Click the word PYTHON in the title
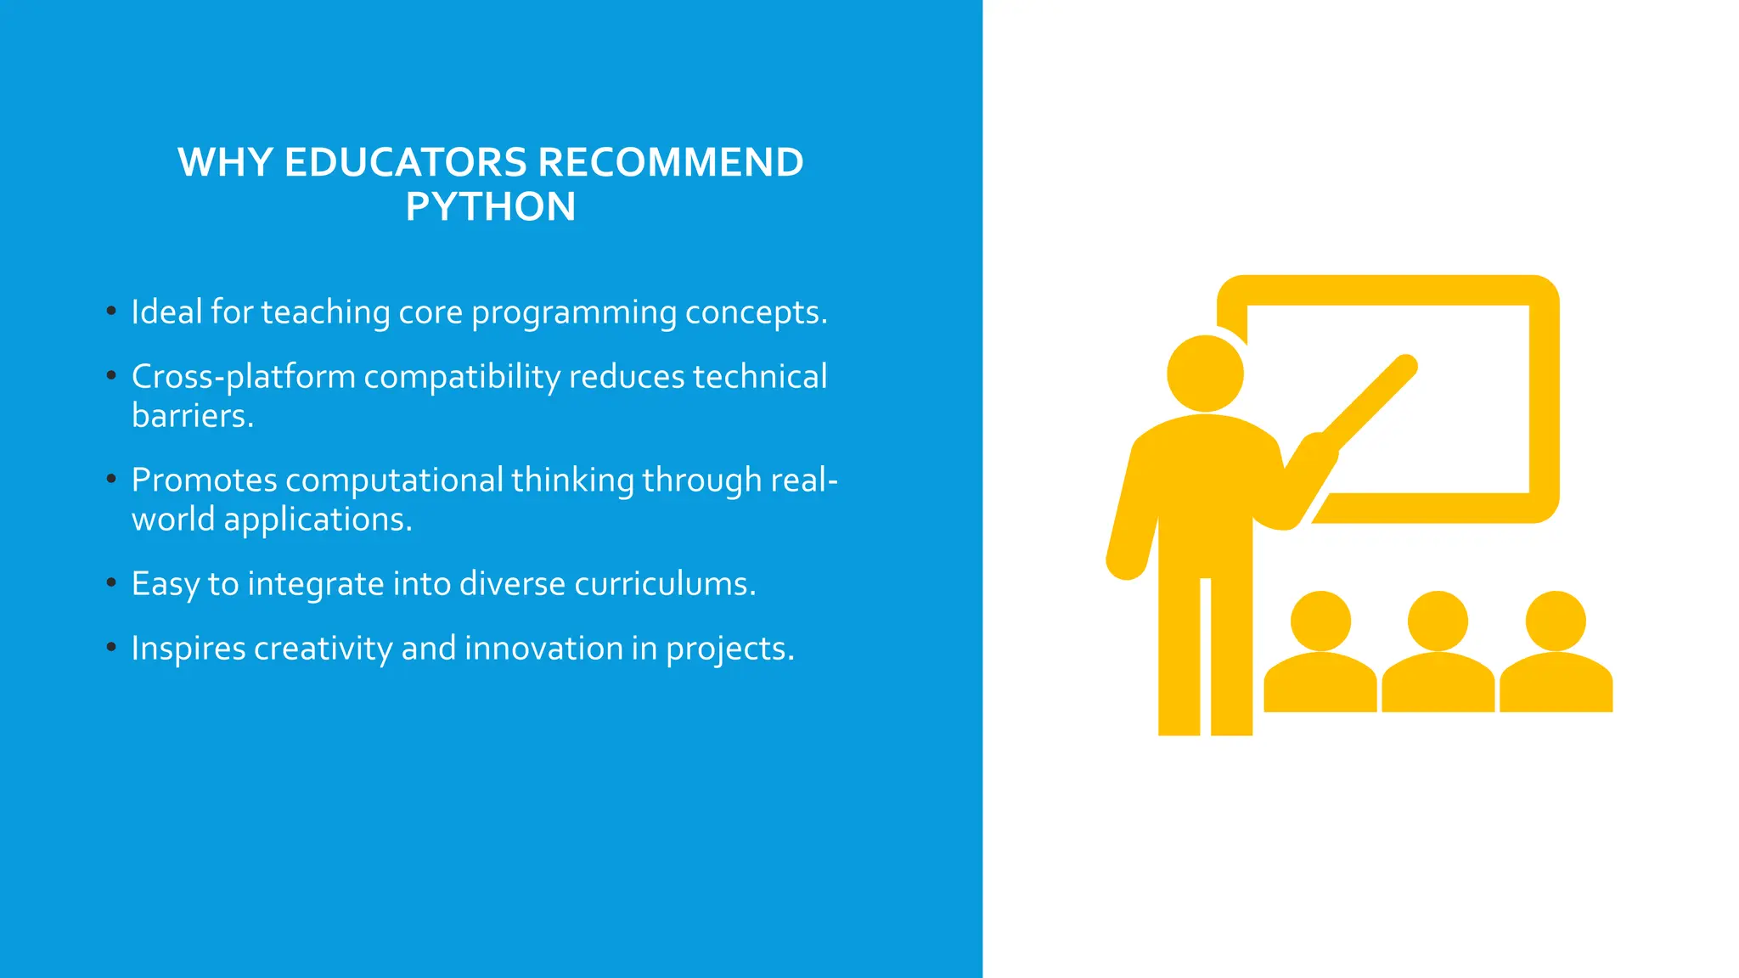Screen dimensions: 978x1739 tap(490, 207)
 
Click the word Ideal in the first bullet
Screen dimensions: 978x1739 tap(166, 312)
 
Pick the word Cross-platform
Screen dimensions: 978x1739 tap(243, 378)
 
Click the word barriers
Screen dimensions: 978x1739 tap(192, 416)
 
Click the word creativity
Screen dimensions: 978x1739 tap(323, 649)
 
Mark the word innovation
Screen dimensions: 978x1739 tap(543, 649)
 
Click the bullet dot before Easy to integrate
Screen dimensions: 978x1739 tap(111, 582)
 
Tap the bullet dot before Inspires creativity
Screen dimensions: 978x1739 tap(111, 647)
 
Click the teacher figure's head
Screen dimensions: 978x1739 tap(1205, 374)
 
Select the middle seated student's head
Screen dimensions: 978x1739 tap(1438, 621)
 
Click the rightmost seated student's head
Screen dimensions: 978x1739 tap(1555, 621)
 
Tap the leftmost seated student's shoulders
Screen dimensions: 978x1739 tap(1320, 684)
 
